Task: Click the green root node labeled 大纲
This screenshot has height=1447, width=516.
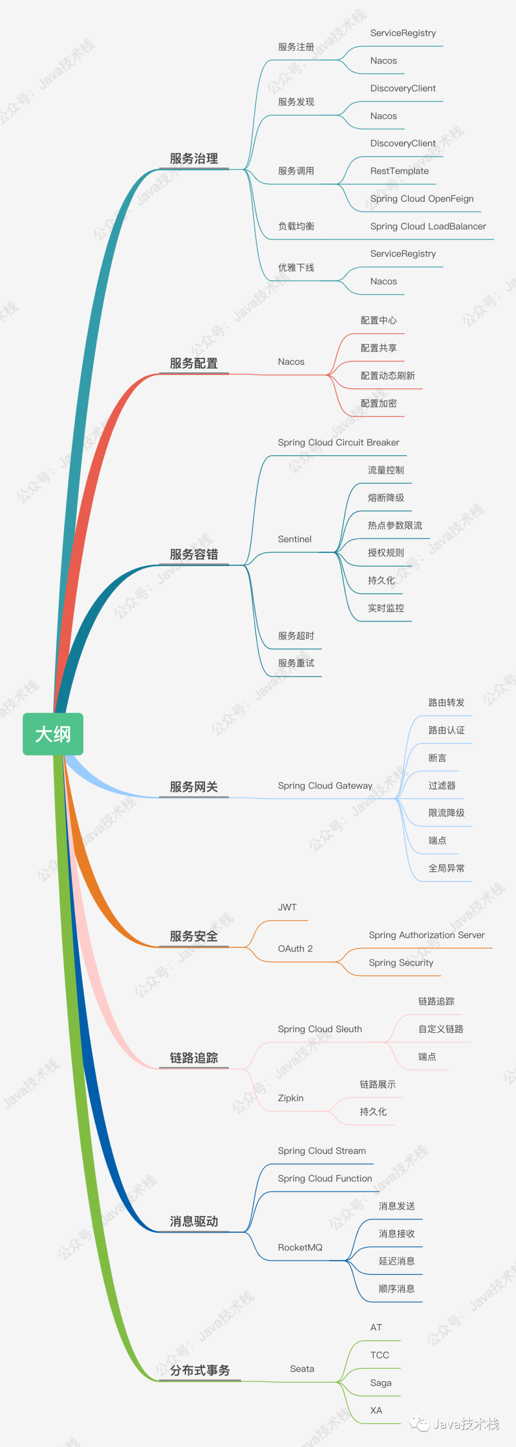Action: [53, 734]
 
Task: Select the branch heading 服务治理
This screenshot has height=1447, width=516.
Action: [193, 158]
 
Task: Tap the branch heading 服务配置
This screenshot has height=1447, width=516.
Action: [193, 363]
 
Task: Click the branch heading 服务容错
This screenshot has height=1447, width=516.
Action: [193, 554]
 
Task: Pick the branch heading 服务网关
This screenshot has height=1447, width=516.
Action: [193, 787]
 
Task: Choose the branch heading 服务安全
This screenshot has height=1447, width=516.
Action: [193, 936]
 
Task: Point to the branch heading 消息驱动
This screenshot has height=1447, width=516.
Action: [193, 1221]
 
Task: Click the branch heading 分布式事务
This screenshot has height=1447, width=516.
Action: [200, 1370]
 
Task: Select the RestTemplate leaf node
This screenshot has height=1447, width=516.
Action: [399, 171]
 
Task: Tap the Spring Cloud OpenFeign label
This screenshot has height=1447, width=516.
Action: [422, 198]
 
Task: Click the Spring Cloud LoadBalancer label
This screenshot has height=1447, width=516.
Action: [428, 226]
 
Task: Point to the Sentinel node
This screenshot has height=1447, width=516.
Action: [294, 539]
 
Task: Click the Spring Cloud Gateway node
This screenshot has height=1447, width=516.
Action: [324, 785]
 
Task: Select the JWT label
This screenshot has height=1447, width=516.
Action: [287, 907]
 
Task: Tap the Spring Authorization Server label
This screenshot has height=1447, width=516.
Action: [426, 935]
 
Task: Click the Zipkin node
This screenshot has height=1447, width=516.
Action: [290, 1097]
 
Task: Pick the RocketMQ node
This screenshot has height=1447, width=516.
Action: [300, 1247]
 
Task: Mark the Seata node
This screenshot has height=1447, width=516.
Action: [301, 1369]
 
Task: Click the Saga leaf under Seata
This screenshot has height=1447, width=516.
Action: [381, 1383]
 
